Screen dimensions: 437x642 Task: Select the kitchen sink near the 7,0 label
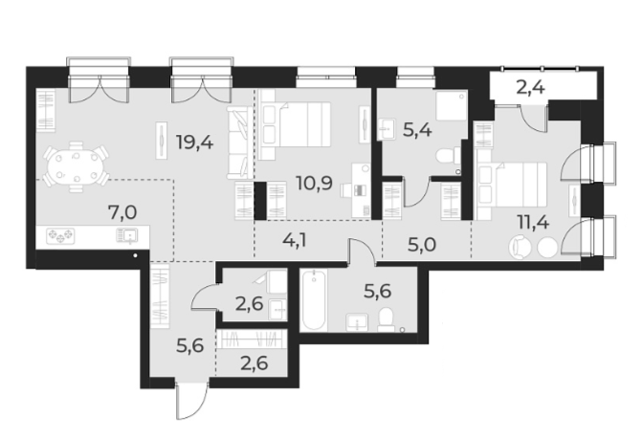click(x=126, y=234)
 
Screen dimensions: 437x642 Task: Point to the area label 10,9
click(x=313, y=182)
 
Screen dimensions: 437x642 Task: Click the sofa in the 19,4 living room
click(x=237, y=142)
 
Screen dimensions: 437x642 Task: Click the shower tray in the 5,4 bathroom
click(x=451, y=106)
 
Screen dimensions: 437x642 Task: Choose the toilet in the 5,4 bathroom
click(x=443, y=157)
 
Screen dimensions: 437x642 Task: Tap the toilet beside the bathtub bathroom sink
click(x=387, y=318)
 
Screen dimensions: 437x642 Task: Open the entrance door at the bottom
click(x=186, y=402)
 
